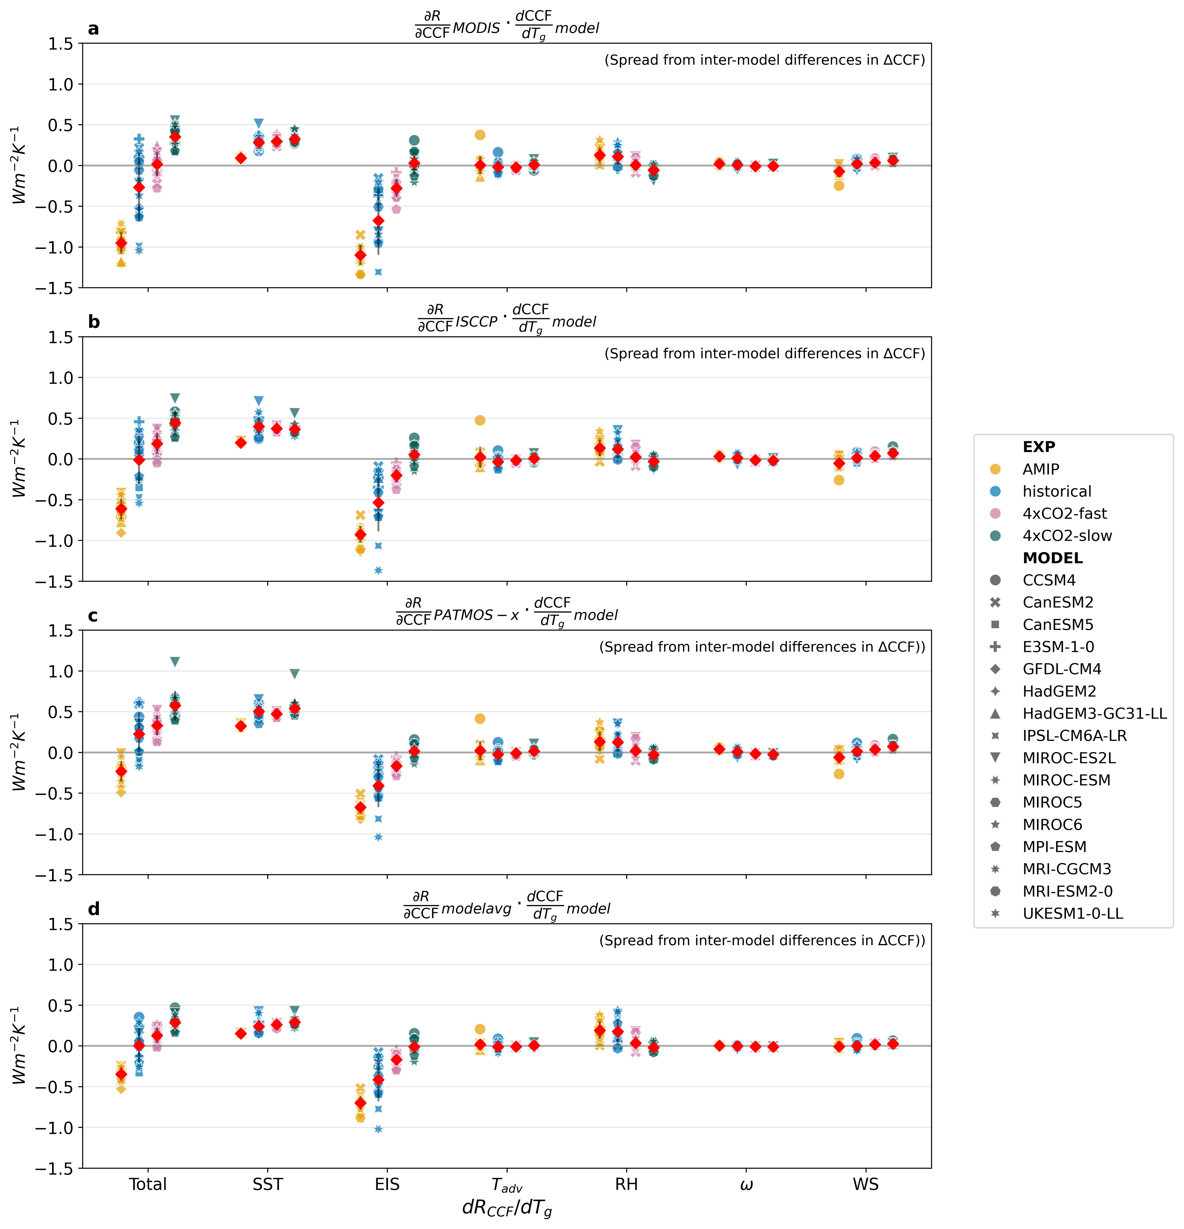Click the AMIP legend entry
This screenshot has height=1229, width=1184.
click(1040, 469)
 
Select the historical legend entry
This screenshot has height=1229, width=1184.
click(1057, 492)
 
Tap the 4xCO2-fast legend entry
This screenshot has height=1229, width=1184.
click(1064, 514)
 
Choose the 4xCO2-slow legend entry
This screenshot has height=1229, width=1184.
click(1067, 536)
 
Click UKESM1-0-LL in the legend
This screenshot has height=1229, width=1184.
click(1072, 914)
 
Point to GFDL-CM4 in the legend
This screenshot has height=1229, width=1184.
click(1061, 669)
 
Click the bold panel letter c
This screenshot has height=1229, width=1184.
click(93, 616)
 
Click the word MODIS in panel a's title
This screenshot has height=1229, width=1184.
click(476, 28)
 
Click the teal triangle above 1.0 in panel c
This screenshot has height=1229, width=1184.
click(175, 662)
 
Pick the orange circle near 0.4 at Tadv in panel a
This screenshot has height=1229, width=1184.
click(480, 135)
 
